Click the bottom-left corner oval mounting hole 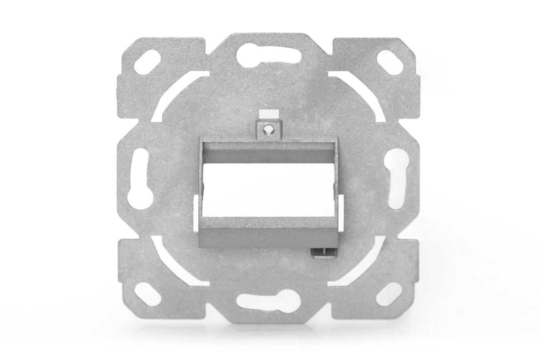pos(146,293)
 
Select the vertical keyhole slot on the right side pos(397,178)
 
